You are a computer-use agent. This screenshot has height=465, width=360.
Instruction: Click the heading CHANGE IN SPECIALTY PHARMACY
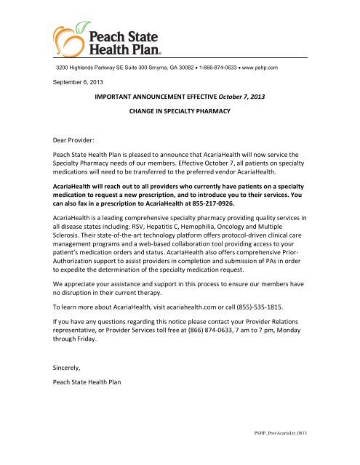tap(180, 113)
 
